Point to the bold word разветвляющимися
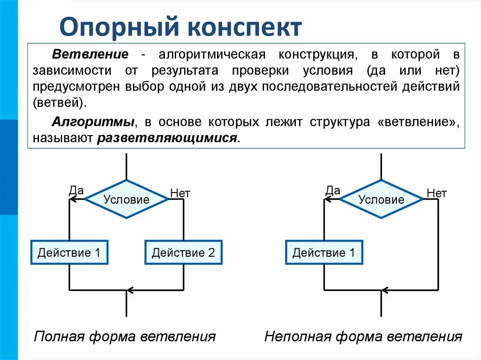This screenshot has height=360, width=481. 168,138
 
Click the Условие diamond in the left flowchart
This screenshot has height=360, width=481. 126,199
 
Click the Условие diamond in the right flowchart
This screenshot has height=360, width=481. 381,199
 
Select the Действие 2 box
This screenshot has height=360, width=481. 183,253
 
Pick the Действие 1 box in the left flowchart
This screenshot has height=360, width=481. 70,253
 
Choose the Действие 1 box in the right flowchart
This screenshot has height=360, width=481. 324,253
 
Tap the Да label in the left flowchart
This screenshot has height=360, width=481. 76,190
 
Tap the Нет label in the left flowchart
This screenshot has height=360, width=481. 180,193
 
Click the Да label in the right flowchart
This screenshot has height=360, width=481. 333,190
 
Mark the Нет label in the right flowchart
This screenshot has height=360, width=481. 436,193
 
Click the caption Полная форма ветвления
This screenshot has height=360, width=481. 125,337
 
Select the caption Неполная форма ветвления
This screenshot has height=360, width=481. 363,337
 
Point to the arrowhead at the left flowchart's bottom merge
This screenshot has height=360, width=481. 131,290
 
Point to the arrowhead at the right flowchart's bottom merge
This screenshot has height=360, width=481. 386,290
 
